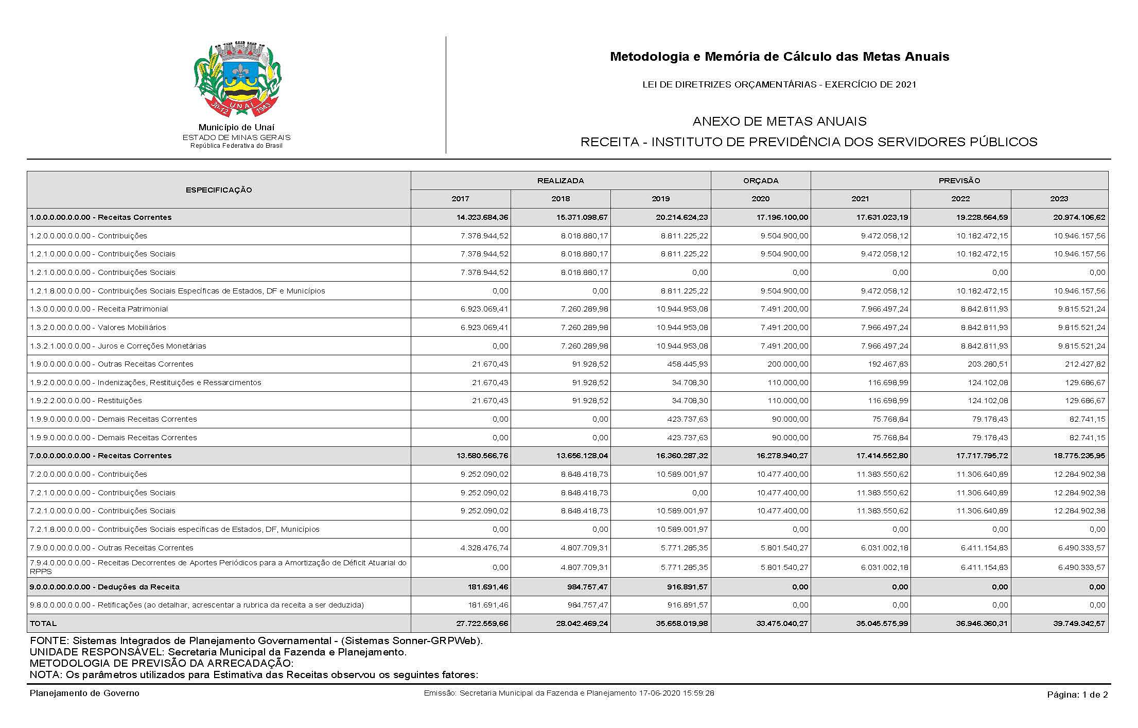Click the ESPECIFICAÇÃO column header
coord(219,190)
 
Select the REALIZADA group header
coord(561,181)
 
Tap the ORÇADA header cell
coord(760,181)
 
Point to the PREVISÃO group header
coord(959,181)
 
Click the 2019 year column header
coord(660,199)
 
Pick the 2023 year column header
coord(1059,199)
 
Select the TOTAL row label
coord(43,623)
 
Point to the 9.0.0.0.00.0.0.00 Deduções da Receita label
coord(105,587)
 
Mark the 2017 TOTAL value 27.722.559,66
coord(482,623)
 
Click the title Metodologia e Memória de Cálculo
coord(779,57)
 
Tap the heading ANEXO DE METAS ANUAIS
coord(779,122)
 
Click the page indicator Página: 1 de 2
coord(1077,695)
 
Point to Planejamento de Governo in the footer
coord(84,693)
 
